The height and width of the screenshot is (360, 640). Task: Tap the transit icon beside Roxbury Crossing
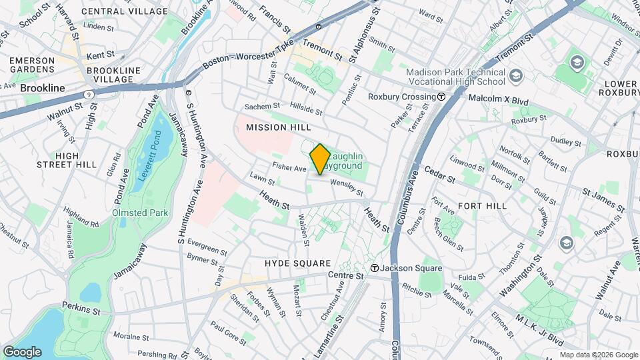441,97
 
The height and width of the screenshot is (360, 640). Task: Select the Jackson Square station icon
375,268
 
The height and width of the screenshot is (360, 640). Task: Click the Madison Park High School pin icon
515,77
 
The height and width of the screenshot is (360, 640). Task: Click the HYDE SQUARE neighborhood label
293,263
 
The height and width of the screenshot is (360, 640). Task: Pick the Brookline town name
43,88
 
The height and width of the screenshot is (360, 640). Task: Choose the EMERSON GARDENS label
31,65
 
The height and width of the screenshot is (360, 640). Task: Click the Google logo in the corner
22,351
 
